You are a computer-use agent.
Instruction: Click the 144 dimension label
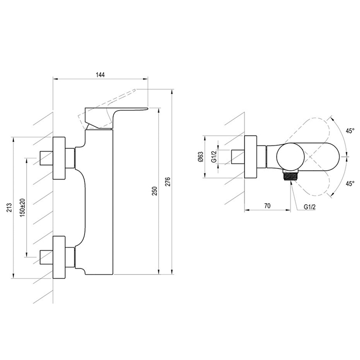100,75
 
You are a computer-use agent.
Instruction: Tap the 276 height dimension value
168,182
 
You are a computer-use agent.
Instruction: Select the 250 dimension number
155,191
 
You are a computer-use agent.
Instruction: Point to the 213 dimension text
9,208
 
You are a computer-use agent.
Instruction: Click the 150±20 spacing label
23,207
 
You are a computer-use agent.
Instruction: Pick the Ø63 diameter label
201,156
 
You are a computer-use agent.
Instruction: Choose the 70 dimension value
267,206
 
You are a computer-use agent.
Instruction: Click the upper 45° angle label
350,131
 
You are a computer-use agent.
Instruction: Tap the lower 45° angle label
350,184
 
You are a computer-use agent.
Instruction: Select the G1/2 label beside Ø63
214,156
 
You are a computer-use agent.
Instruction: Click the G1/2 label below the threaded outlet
310,207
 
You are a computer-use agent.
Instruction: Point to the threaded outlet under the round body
291,176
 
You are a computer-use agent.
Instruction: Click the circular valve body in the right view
290,157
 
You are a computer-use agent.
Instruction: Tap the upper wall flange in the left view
59,158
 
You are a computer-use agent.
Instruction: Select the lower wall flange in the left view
59,257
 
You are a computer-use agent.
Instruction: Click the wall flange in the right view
250,157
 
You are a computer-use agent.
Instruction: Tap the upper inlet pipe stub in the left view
46,158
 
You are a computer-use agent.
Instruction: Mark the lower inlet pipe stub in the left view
46,257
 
